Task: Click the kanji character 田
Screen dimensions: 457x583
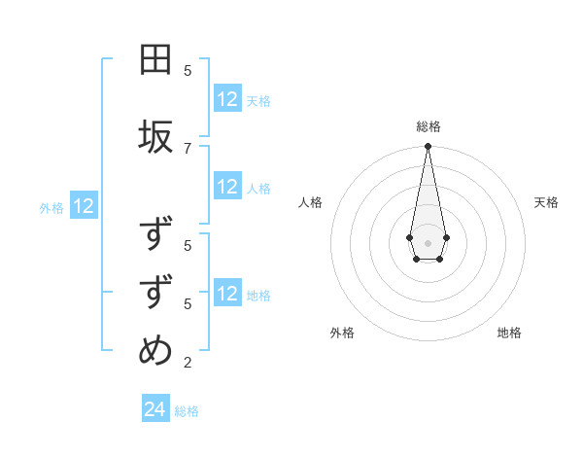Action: [155, 61]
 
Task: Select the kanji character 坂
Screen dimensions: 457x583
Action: [155, 136]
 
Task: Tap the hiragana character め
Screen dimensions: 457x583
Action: [155, 350]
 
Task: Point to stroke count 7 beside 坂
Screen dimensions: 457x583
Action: [188, 147]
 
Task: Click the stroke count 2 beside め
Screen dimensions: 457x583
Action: [188, 363]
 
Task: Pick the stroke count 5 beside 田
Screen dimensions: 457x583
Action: [188, 70]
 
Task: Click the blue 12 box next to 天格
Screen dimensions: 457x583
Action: [227, 99]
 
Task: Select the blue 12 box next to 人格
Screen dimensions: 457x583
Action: [227, 188]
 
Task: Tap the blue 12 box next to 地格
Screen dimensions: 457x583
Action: [227, 294]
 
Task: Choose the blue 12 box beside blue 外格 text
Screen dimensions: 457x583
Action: [84, 206]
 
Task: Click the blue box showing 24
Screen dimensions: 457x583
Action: [155, 409]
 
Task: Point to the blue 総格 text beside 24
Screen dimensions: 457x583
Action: [187, 411]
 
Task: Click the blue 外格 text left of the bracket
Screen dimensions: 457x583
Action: [51, 207]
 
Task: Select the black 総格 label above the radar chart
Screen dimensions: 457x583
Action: [429, 126]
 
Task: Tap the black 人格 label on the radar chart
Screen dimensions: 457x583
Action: [311, 202]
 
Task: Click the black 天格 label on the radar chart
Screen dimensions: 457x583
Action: [546, 202]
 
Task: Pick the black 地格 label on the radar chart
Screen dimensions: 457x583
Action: [509, 333]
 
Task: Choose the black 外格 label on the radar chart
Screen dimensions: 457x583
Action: [342, 333]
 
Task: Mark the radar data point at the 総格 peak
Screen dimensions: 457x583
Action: [428, 147]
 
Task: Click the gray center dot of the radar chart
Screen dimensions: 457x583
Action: [428, 242]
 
